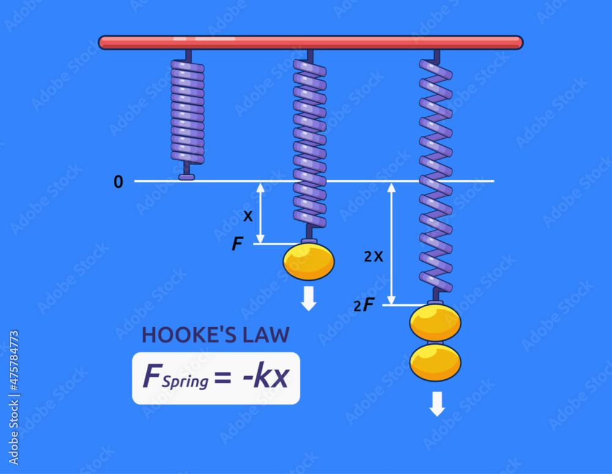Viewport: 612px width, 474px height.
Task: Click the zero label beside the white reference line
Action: [118, 182]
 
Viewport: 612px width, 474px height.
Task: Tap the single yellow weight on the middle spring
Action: [308, 261]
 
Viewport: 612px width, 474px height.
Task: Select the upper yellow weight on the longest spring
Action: [435, 322]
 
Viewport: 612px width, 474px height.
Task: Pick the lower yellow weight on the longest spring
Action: [435, 362]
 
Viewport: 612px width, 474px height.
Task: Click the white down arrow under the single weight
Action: [308, 298]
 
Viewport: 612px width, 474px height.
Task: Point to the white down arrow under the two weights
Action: [436, 404]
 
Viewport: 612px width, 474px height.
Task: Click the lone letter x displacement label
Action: [248, 216]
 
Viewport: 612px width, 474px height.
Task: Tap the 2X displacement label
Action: [373, 257]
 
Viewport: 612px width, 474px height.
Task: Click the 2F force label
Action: [364, 305]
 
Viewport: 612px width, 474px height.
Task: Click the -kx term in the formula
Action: [264, 377]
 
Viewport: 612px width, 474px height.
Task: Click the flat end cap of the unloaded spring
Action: [187, 177]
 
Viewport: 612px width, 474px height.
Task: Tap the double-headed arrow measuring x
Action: [261, 213]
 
